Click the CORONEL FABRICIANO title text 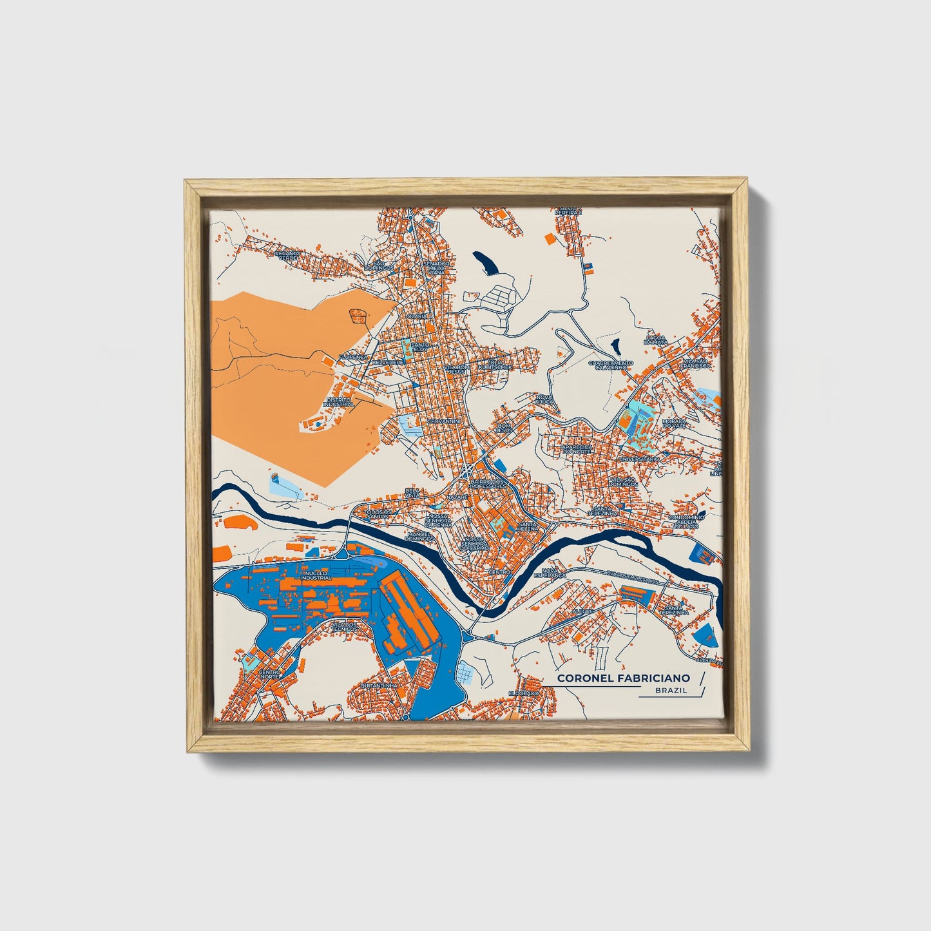tap(623, 678)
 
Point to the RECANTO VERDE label tap(287, 256)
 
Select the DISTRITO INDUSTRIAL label tap(340, 402)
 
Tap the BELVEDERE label tap(387, 362)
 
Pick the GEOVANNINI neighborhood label tap(443, 421)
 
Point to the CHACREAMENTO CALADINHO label tap(610, 365)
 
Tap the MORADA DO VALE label tap(675, 424)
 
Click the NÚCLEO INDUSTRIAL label tap(316, 575)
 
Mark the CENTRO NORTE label tap(269, 674)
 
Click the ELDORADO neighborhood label tap(523, 693)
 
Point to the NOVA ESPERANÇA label tap(553, 573)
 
